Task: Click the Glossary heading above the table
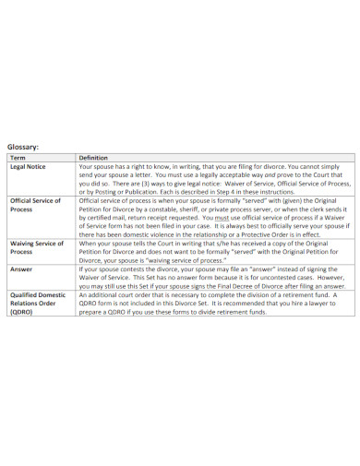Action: pyautogui.click(x=23, y=146)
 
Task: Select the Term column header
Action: pyautogui.click(x=18, y=158)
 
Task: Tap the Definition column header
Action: pyautogui.click(x=95, y=158)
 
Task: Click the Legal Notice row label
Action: pyautogui.click(x=29, y=166)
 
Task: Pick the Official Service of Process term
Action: pyautogui.click(x=35, y=204)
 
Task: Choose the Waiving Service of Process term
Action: pyautogui.click(x=36, y=247)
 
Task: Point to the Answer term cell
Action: pyautogui.click(x=21, y=269)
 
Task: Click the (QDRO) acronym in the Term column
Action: pyautogui.click(x=21, y=313)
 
